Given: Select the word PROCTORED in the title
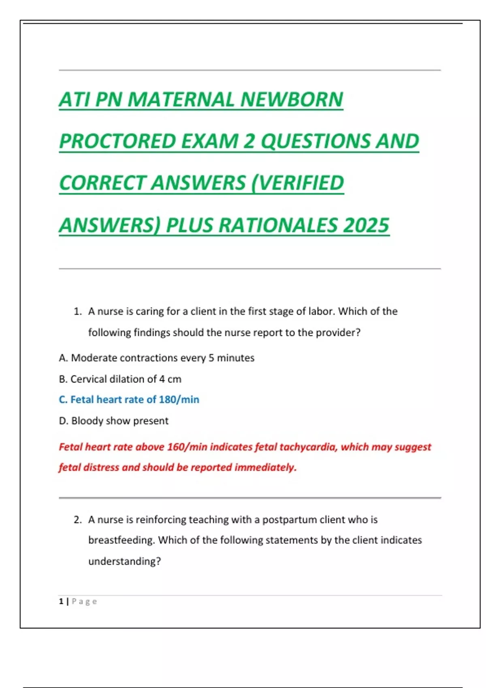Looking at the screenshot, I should coord(117,141).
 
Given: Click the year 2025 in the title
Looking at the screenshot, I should coord(366,225).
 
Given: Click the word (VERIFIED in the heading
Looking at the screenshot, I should coord(298,183).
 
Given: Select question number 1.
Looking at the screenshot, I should coord(77,312).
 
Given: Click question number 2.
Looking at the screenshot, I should coord(77,520).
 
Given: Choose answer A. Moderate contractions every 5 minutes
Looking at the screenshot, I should coord(156,358).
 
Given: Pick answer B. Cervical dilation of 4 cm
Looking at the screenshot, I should coord(120,379).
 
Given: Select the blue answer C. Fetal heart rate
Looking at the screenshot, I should coord(129,400).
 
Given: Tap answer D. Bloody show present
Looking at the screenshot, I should coord(113,421).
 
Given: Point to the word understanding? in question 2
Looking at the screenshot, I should coord(124,561).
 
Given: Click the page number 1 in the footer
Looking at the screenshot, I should coord(61,601).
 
